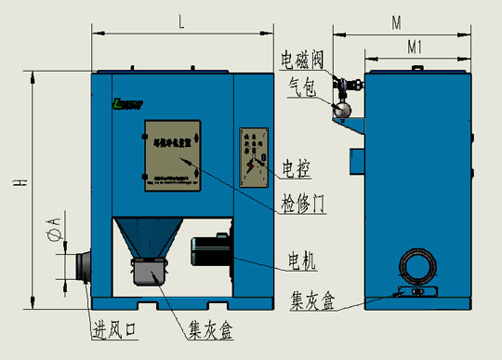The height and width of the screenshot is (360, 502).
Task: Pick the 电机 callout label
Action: click(x=302, y=263)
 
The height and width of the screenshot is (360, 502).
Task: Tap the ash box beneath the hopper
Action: click(x=149, y=273)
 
